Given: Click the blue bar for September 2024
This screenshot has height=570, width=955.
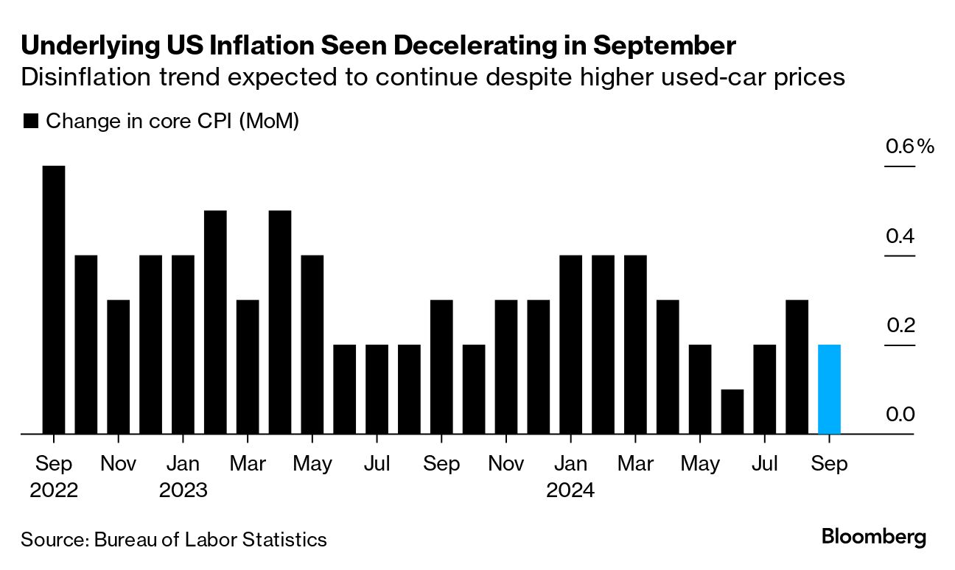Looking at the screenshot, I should (x=829, y=390).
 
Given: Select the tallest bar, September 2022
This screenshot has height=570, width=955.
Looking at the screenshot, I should (x=54, y=300).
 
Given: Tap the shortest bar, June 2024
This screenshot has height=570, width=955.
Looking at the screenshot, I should (x=732, y=412).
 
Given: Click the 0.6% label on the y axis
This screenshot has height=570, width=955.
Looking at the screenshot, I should (x=909, y=147).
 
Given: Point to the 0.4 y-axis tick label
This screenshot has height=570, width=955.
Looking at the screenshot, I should (x=900, y=236).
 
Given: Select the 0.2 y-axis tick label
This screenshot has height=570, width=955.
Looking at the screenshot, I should (x=900, y=326).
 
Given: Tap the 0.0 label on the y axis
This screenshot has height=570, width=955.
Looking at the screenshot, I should (x=900, y=415).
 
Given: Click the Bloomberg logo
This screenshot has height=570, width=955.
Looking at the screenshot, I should (x=874, y=537).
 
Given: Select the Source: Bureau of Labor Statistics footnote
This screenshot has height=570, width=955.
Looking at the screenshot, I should (x=174, y=539).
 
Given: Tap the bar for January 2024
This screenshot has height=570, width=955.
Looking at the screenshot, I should (x=570, y=345).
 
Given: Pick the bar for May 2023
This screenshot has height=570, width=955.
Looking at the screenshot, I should (x=312, y=345).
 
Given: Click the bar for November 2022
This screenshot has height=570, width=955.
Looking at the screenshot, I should (x=119, y=367).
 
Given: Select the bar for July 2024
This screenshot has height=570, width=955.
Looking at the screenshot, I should (x=764, y=390).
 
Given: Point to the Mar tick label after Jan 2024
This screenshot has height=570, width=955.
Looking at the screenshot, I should (x=635, y=465).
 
